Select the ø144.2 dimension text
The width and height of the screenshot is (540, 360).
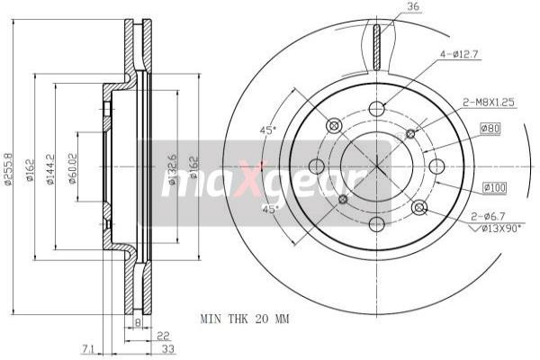[x=52, y=167]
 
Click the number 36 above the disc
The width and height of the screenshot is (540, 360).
[x=413, y=8]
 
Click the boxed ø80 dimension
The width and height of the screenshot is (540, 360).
[x=490, y=128]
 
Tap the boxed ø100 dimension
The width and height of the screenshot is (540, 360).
[x=494, y=187]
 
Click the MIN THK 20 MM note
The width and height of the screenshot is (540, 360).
[x=245, y=319]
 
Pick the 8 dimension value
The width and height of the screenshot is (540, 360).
[x=137, y=320]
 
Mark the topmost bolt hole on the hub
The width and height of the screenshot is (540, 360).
[x=376, y=108]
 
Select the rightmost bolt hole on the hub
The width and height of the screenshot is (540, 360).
[x=436, y=166]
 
